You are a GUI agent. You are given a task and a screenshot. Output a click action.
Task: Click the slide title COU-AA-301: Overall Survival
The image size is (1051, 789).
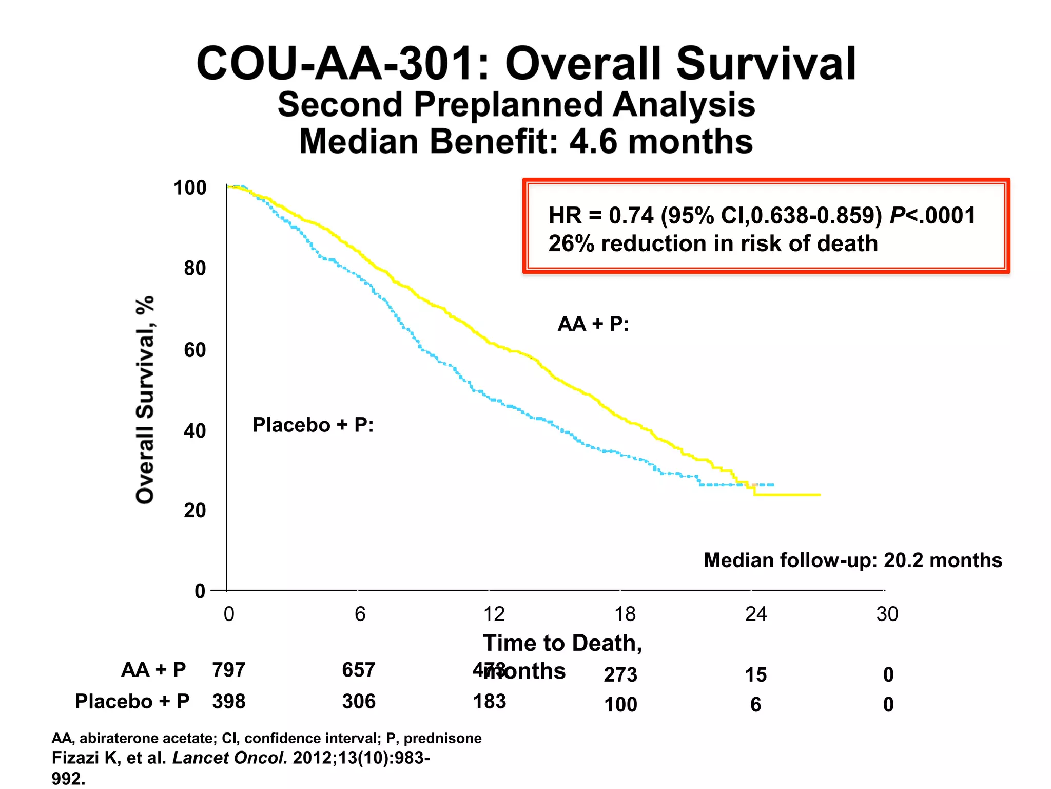[x=526, y=64]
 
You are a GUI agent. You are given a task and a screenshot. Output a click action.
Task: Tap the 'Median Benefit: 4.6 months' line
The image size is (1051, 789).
[x=526, y=142]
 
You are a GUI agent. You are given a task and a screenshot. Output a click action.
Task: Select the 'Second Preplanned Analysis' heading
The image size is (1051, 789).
[x=516, y=104]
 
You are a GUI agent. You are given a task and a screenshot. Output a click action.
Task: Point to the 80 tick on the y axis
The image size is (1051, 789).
[x=195, y=268]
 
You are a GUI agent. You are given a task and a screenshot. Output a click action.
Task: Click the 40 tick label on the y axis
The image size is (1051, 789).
[x=195, y=430]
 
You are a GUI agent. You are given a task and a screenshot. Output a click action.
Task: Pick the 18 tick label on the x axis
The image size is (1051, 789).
[x=625, y=614]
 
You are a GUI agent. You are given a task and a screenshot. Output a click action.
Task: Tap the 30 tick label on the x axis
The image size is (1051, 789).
[x=887, y=614]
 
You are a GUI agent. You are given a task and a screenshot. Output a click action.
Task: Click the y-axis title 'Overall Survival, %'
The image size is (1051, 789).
[x=145, y=400]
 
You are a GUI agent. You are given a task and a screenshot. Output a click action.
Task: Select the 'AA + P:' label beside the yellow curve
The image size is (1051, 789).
[x=593, y=324]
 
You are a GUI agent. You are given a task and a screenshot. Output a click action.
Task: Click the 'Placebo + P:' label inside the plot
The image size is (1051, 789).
[x=313, y=425]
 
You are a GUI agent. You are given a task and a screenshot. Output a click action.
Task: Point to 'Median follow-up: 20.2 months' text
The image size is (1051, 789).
[x=853, y=560]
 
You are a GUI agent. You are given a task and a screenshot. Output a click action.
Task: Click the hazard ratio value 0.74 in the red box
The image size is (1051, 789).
[x=631, y=215]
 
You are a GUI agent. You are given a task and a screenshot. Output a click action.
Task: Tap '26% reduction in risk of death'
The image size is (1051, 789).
[x=713, y=243]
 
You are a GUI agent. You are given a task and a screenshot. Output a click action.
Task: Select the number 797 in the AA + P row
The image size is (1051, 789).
[x=229, y=670]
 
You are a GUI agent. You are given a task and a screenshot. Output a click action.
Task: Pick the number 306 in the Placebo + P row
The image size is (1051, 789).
[x=359, y=702]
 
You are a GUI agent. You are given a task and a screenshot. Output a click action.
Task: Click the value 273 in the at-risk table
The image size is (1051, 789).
[x=620, y=674]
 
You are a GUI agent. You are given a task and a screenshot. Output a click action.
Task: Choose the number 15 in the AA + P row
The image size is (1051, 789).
[x=755, y=674]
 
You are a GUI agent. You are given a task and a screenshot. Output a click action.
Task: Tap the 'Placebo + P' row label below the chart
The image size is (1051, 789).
[x=132, y=702]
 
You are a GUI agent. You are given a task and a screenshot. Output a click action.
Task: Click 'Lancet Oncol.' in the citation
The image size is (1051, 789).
[x=230, y=758]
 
